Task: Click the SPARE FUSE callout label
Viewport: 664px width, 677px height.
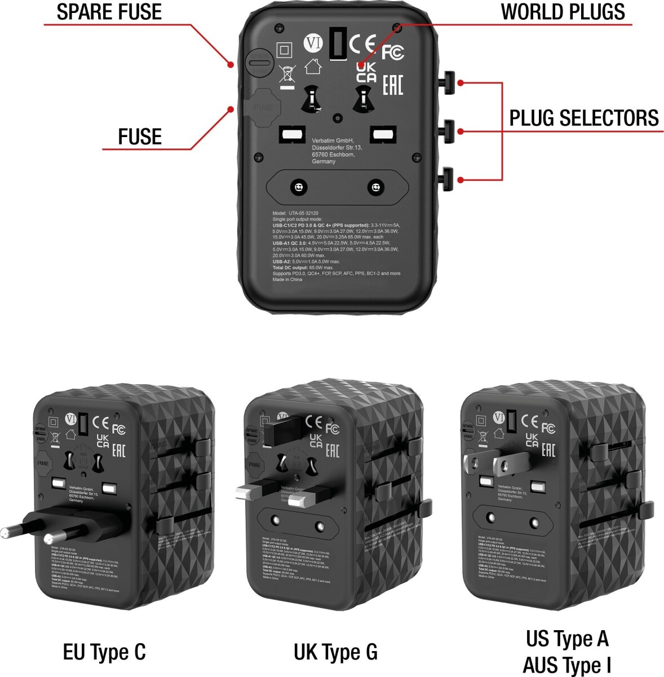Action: pos(109,12)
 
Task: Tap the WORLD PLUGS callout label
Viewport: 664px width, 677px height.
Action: pos(563,12)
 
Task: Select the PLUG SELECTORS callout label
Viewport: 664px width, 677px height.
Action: pos(584,118)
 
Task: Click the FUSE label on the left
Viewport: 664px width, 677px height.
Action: pos(140,137)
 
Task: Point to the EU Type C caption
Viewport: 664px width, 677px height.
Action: pos(104,652)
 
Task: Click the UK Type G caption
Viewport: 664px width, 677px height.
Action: pos(335,652)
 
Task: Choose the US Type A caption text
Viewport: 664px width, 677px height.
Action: pos(567,639)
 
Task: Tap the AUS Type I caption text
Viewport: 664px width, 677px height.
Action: pos(567,665)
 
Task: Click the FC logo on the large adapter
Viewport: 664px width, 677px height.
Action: pos(393,52)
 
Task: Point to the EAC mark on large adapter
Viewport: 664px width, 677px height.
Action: pos(393,85)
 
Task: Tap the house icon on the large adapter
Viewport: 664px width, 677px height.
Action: pos(312,67)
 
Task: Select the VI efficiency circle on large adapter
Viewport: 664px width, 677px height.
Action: pos(313,43)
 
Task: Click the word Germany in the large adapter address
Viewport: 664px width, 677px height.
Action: pos(324,161)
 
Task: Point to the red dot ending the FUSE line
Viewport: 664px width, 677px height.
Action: pos(230,109)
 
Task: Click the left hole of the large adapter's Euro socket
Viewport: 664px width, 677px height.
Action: pos(298,187)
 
